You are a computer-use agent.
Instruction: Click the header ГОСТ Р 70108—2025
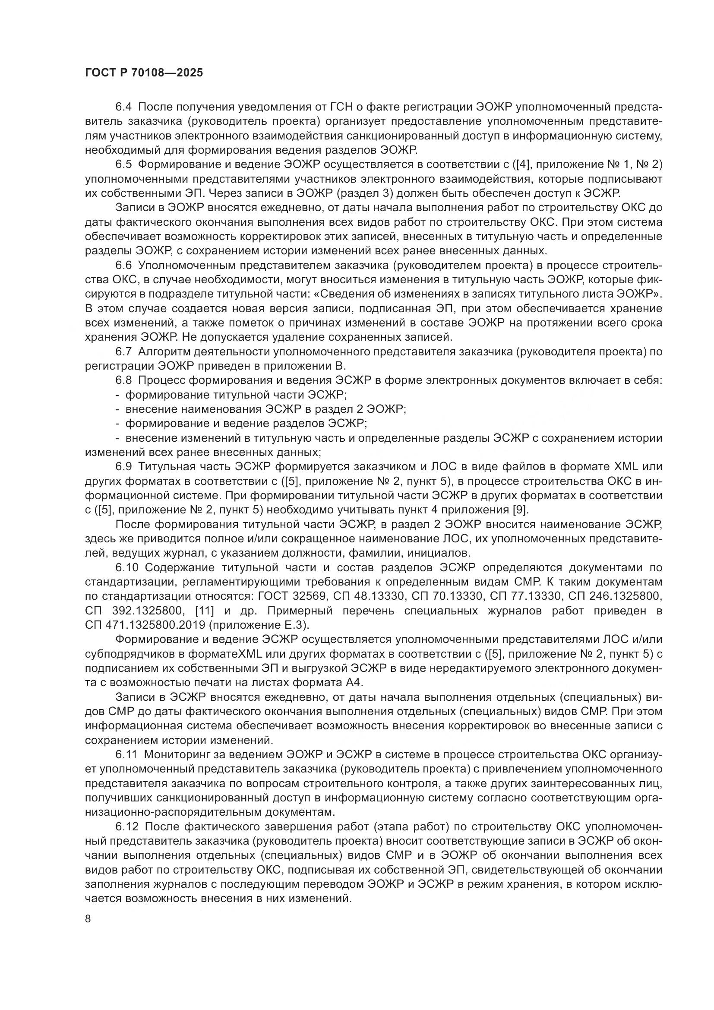[144, 73]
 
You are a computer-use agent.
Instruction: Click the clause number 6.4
[123, 107]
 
